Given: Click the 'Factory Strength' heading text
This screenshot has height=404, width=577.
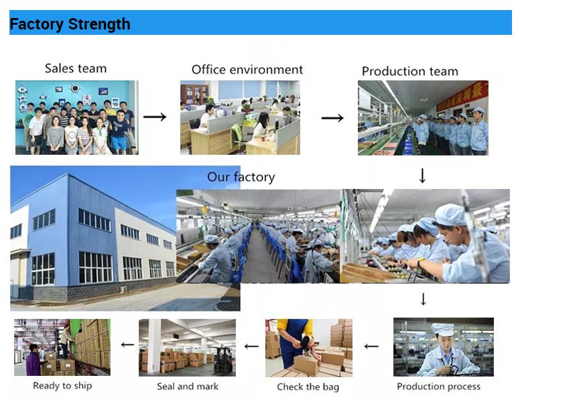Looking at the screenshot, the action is tap(70, 24).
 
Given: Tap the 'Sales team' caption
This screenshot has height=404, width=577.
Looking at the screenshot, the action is tap(76, 68).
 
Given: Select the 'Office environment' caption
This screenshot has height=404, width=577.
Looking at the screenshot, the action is tap(247, 70).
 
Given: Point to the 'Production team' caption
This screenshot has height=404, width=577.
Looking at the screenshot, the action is tap(410, 71).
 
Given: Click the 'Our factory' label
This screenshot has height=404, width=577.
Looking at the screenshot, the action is tap(241, 177).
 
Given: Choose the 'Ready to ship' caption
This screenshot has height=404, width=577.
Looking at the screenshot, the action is tap(62, 386).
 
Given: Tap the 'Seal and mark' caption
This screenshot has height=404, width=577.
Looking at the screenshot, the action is tap(188, 387).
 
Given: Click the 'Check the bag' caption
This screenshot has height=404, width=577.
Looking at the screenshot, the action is tap(308, 387).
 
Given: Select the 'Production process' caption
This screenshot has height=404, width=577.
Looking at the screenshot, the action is tap(439, 387).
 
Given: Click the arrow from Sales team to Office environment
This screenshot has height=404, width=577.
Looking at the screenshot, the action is tap(155, 117).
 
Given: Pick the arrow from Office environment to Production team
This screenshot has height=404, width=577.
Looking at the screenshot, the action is tap(332, 118).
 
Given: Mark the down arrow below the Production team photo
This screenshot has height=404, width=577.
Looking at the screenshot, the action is tap(422, 176).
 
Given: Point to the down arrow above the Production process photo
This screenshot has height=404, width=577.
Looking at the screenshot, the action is tap(423, 299).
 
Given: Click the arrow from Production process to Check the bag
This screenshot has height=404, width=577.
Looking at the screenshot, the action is tap(371, 346).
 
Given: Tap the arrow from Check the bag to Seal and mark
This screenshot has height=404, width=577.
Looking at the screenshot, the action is tap(251, 346).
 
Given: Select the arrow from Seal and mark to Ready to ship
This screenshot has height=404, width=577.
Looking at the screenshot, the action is tap(128, 345).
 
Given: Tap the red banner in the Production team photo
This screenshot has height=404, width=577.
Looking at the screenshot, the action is tap(462, 96).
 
